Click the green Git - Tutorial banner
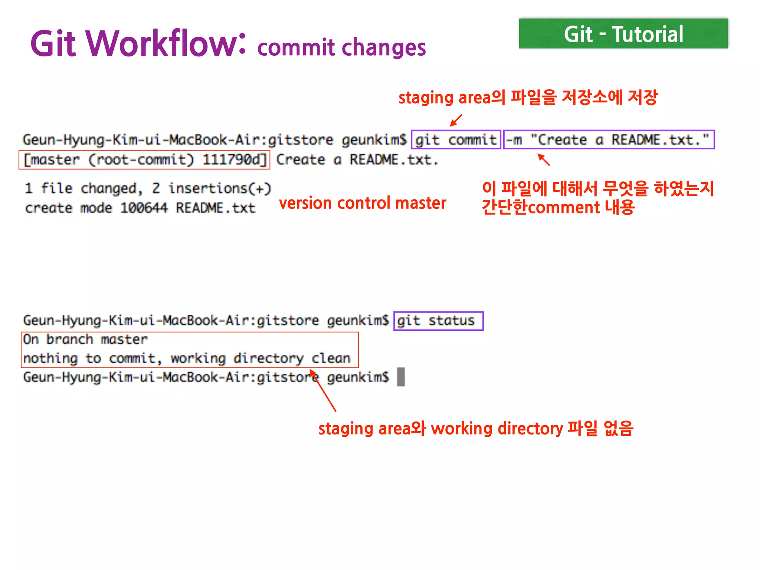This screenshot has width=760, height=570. tap(623, 34)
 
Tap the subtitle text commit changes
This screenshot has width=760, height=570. tap(341, 47)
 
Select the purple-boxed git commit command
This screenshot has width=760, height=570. tap(456, 140)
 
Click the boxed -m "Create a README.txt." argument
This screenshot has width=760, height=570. tap(609, 140)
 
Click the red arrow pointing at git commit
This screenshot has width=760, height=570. tap(456, 120)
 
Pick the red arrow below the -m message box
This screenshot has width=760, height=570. tap(544, 160)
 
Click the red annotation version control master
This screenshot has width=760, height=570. tap(363, 203)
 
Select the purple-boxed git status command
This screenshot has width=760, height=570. tap(438, 321)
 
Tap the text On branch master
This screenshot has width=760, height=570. tap(85, 340)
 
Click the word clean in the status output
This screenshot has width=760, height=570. tap(331, 358)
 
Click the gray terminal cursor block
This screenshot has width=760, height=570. tap(401, 377)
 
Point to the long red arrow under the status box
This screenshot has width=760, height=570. tap(322, 390)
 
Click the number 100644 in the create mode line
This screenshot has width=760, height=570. tap(144, 208)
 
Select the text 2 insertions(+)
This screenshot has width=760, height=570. tap(212, 189)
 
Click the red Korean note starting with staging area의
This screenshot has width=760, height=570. tap(528, 98)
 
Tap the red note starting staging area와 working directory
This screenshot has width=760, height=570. tap(476, 429)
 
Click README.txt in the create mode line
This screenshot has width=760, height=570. tap(216, 208)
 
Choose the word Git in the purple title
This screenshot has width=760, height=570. tap(53, 44)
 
